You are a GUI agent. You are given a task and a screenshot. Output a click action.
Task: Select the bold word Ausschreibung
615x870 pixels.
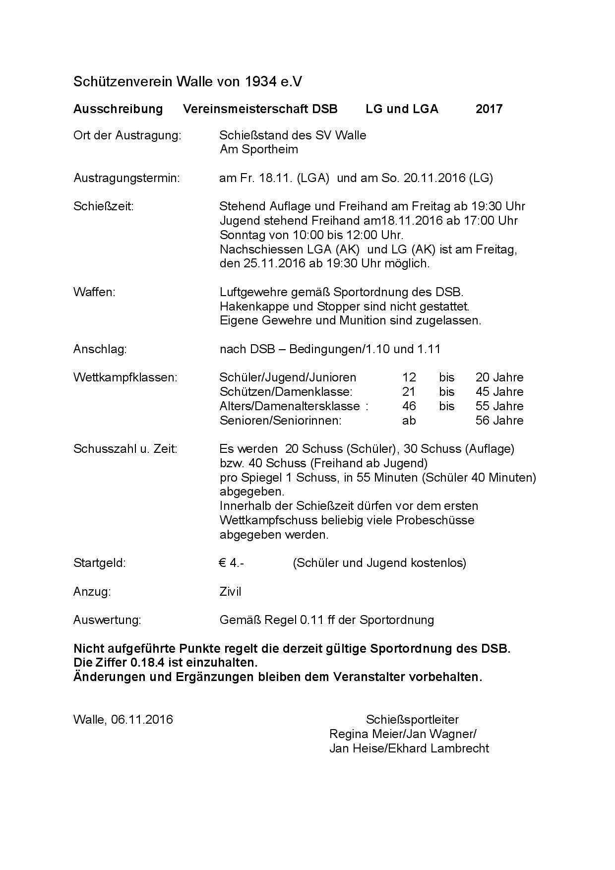(118, 109)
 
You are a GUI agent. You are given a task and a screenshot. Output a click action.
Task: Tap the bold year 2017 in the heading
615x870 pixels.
(489, 109)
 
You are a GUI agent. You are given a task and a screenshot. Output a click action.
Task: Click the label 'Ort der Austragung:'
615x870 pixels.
(127, 135)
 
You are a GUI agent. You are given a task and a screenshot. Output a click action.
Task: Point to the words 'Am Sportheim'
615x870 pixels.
(259, 149)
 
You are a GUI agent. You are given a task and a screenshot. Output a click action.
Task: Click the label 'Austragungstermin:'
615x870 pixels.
(126, 178)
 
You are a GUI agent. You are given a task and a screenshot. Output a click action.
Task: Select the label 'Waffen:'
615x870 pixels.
(94, 292)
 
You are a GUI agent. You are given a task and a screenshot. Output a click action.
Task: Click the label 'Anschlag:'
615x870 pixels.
(100, 349)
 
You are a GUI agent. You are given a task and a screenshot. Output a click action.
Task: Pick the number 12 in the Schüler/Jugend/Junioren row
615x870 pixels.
(409, 377)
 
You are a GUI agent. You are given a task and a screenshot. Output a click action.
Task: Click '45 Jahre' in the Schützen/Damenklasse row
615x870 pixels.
(499, 392)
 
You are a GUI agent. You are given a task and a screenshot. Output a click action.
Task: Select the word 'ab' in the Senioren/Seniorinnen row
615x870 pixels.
(409, 421)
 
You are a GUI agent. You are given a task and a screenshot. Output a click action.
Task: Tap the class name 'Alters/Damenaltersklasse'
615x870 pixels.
(290, 406)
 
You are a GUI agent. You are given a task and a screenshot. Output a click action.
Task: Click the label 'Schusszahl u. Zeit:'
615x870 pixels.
(125, 449)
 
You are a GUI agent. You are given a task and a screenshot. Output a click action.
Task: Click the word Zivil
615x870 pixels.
(231, 592)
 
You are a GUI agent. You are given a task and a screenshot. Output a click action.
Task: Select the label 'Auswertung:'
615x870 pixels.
(107, 620)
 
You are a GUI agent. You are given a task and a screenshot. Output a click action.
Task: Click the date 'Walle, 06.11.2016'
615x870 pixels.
(123, 720)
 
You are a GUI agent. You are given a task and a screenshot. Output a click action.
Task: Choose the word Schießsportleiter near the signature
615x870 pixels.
(412, 720)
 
